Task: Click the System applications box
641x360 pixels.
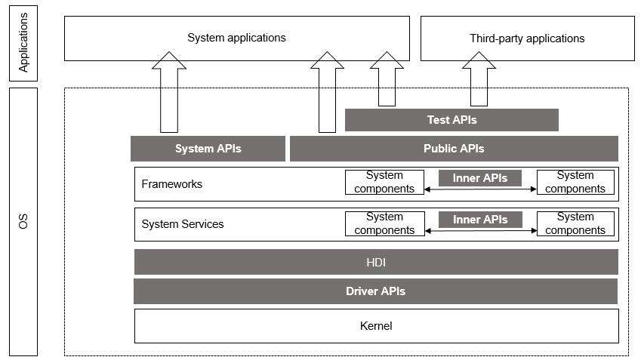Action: click(236, 38)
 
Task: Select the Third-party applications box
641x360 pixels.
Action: click(526, 38)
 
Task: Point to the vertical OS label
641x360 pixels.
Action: click(23, 222)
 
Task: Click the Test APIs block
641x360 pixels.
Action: click(451, 120)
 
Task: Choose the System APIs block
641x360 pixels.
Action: click(208, 149)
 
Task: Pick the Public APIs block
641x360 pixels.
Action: click(454, 149)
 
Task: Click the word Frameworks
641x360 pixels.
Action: click(172, 184)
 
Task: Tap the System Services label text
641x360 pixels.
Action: click(183, 224)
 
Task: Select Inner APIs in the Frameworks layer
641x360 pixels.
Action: click(479, 178)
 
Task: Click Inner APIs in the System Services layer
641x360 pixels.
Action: click(479, 220)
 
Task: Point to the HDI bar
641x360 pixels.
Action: click(376, 262)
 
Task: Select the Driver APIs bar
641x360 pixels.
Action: click(375, 291)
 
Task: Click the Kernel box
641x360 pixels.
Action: click(376, 326)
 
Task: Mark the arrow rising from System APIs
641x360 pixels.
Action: click(168, 94)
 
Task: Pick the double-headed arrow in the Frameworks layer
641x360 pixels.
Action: click(479, 190)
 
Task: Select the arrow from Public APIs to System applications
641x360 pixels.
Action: click(327, 94)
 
